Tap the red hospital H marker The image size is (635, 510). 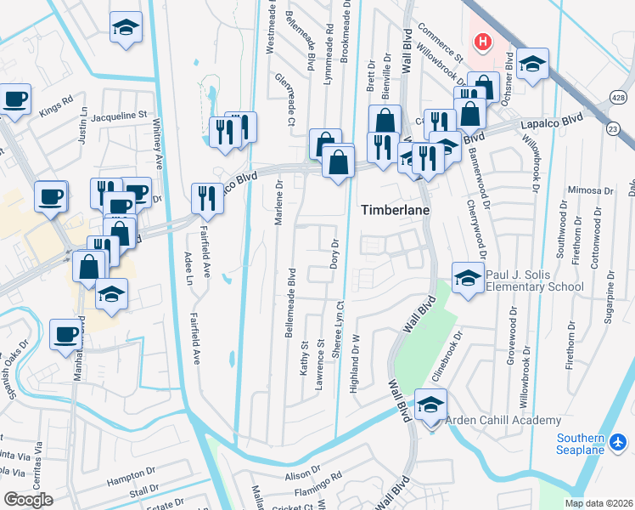coord(482,41)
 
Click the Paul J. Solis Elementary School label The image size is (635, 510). coord(534,280)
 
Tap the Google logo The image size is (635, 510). coord(29,500)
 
